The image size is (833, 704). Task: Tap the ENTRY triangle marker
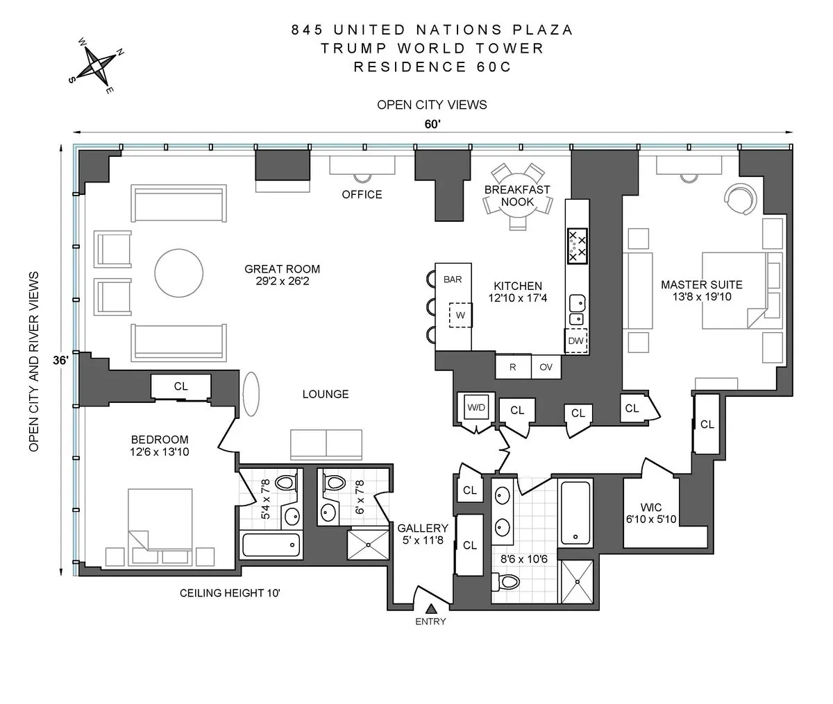coord(431,608)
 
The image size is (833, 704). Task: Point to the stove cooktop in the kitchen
coord(578,246)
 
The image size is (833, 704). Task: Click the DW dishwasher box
coord(576,341)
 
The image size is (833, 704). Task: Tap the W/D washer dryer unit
coord(476,408)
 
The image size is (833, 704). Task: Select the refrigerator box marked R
coord(513,367)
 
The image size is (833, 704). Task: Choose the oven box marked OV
coord(546,367)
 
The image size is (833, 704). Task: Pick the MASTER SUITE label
coord(701,291)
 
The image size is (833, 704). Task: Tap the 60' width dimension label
coord(432,124)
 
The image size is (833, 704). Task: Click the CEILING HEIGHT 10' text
coord(230,593)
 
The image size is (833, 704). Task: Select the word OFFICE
coord(362,194)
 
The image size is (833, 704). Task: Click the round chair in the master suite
coord(739,200)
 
